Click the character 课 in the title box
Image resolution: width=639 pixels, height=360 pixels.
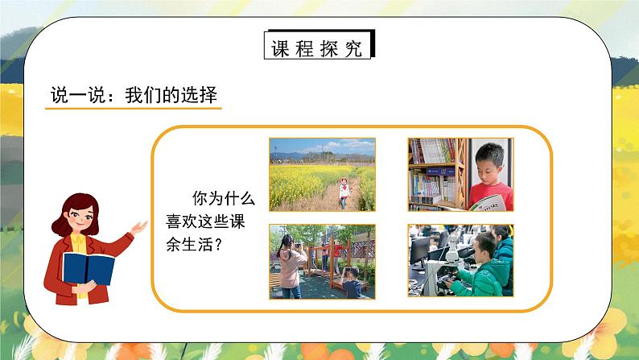(x=281, y=48)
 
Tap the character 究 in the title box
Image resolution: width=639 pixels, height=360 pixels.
(x=355, y=48)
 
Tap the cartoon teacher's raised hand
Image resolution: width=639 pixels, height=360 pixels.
(x=140, y=227)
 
